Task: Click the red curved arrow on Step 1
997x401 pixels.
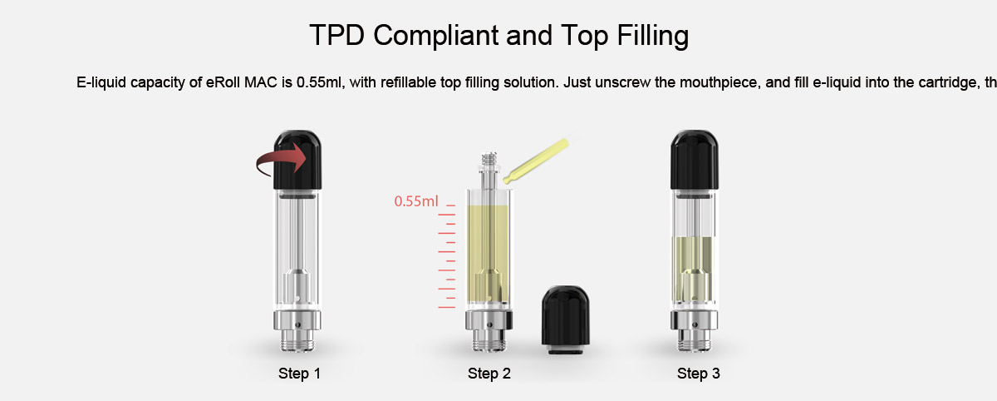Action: coord(278,160)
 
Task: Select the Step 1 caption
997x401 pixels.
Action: coord(299,374)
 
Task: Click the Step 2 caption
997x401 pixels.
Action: coord(489,374)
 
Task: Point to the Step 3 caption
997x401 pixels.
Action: coord(699,374)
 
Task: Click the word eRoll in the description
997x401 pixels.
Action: coord(223,83)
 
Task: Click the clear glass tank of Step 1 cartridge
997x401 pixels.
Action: coord(297,241)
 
